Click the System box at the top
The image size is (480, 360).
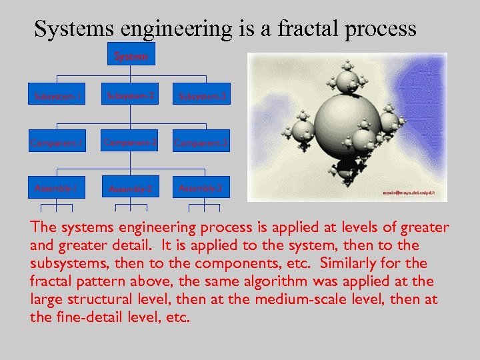point(131,57)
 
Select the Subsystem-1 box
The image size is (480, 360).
point(57,97)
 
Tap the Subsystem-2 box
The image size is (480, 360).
point(131,96)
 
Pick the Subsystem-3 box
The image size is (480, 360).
point(202,97)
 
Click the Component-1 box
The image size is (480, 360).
point(57,142)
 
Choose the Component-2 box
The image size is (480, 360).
point(131,141)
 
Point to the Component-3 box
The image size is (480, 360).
point(201,142)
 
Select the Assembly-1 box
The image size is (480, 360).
point(57,189)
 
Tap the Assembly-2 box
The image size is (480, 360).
point(131,189)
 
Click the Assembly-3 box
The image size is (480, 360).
point(201,189)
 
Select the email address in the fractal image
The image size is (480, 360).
point(407,193)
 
